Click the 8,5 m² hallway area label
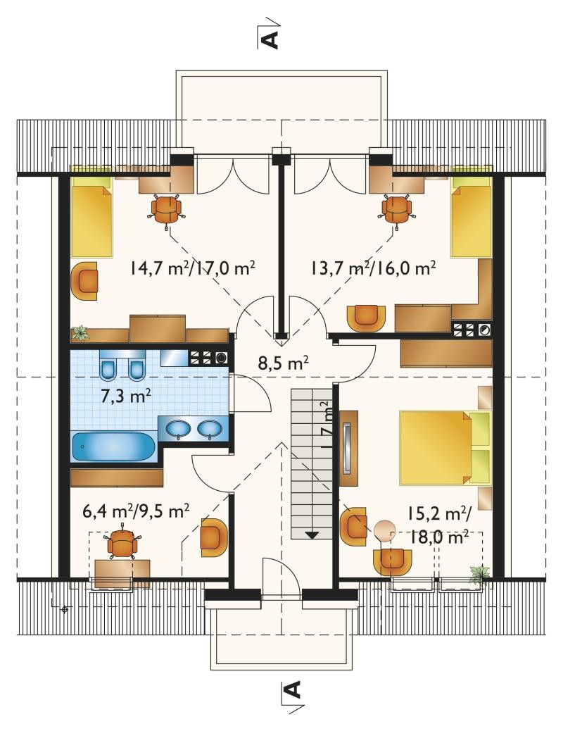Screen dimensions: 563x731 click(284, 363)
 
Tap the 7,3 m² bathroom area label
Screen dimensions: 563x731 click(125, 396)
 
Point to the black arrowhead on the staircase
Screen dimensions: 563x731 click(312, 535)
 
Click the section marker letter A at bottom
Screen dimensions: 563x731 click(292, 689)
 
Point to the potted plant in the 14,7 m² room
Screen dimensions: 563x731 click(81, 333)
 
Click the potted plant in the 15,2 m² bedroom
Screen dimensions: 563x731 click(479, 574)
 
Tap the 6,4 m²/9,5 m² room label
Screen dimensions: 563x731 click(136, 511)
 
